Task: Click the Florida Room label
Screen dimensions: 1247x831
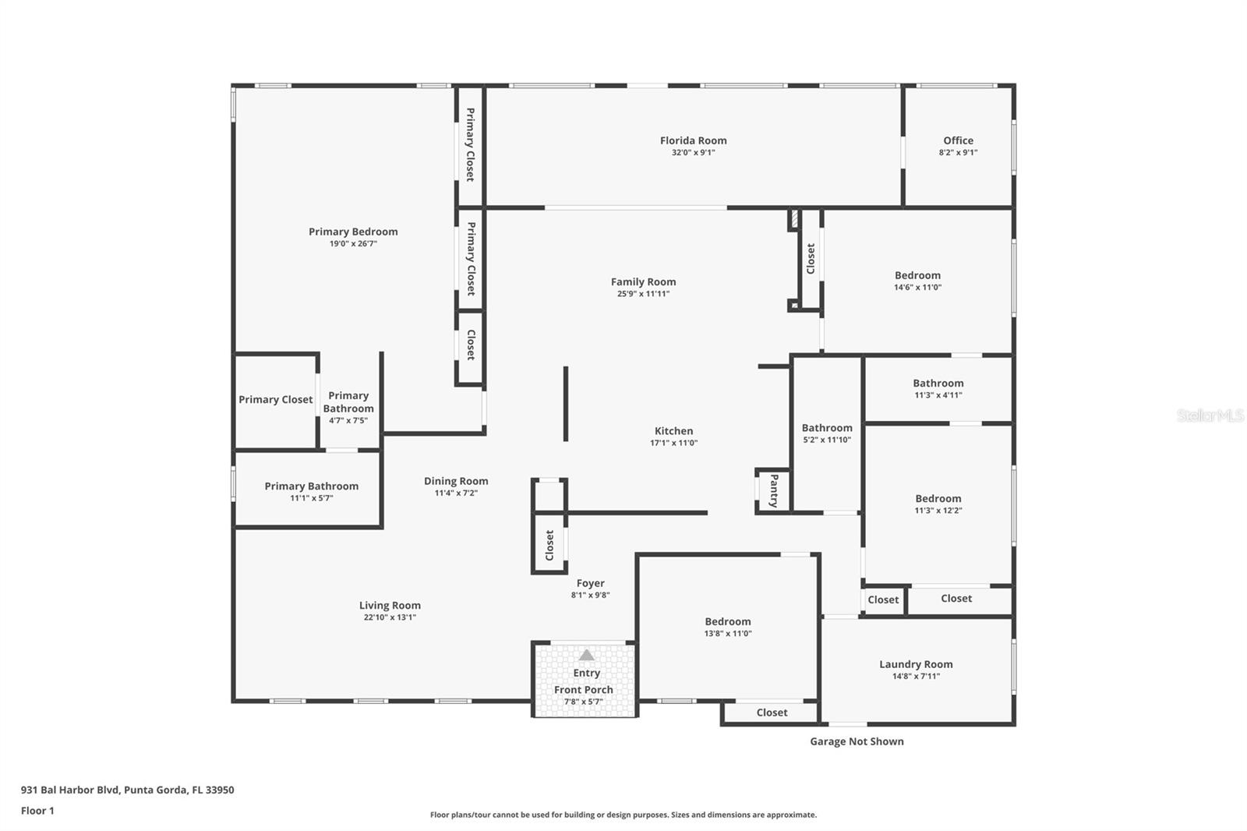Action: (693, 141)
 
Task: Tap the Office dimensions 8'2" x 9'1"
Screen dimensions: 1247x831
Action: (958, 153)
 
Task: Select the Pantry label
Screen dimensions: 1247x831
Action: (774, 490)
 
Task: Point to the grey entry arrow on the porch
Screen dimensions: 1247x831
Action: (586, 655)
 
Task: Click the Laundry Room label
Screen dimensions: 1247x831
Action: (916, 664)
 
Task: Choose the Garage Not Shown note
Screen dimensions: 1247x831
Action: (857, 741)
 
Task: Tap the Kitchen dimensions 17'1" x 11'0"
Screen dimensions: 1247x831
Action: (673, 443)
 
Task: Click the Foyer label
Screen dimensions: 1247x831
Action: (590, 583)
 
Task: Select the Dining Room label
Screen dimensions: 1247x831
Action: (456, 481)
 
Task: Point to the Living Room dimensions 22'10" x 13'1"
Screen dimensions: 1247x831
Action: (390, 617)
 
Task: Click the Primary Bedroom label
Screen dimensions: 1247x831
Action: (353, 232)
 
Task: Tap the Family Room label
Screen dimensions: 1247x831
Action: (643, 282)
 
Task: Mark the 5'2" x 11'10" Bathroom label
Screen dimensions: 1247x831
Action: (827, 428)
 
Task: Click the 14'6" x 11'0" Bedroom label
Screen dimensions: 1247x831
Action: (917, 275)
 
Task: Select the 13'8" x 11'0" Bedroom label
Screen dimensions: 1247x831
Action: (728, 621)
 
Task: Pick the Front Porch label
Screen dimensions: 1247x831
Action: (584, 690)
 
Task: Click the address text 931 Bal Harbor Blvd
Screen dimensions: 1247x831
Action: (70, 790)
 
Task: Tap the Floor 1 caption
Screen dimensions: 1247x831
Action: (37, 811)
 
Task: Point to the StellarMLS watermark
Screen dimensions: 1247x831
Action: (1210, 415)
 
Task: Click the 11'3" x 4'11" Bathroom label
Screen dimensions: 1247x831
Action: (938, 384)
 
